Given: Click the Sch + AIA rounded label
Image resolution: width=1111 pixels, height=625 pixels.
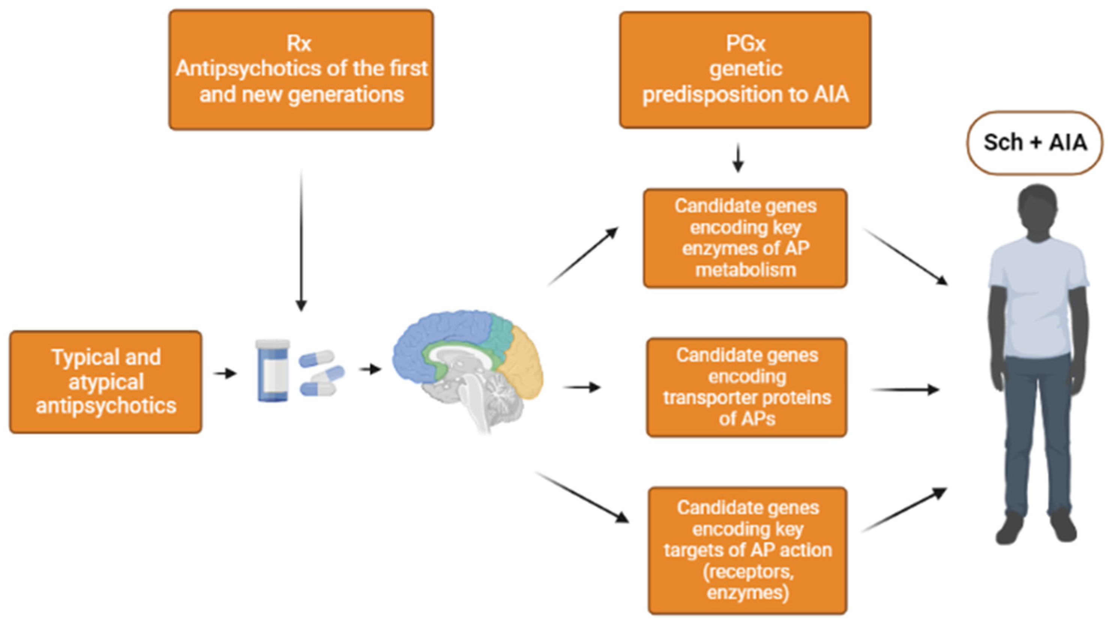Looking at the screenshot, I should [1034, 143].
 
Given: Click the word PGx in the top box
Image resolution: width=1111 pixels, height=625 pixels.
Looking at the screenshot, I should [745, 44].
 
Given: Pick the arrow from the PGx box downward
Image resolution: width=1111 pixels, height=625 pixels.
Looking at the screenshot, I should [738, 158].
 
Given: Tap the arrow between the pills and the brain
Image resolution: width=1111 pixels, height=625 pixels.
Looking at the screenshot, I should [370, 369].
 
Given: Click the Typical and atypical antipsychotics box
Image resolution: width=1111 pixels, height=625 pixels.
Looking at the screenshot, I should [106, 382].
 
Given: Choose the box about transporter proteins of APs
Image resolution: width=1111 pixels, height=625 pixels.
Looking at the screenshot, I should [747, 387].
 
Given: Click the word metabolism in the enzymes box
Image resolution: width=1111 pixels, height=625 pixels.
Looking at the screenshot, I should [745, 270].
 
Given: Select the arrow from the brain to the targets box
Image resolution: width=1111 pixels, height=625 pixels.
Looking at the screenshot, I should [582, 497].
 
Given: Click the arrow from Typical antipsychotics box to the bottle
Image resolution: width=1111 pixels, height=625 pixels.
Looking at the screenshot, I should [225, 373].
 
